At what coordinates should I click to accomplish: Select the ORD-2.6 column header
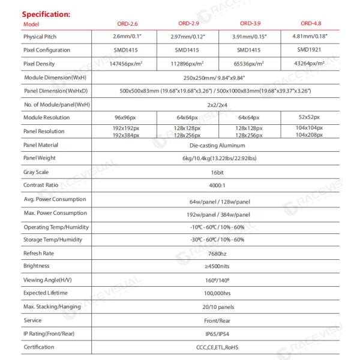[x=127, y=23]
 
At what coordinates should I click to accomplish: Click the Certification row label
[x=39, y=347]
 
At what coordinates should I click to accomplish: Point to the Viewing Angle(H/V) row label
[x=46, y=279]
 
